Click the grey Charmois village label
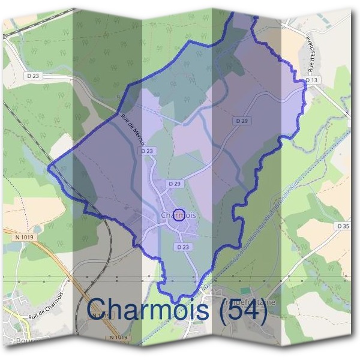point(179,215)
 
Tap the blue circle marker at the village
point(178,215)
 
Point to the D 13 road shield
point(311,80)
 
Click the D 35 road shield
point(343,226)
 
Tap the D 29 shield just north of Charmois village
point(175,183)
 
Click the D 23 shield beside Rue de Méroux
point(148,151)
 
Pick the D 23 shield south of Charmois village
point(183,247)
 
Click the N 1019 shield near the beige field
point(24,237)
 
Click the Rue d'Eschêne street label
point(310,57)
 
